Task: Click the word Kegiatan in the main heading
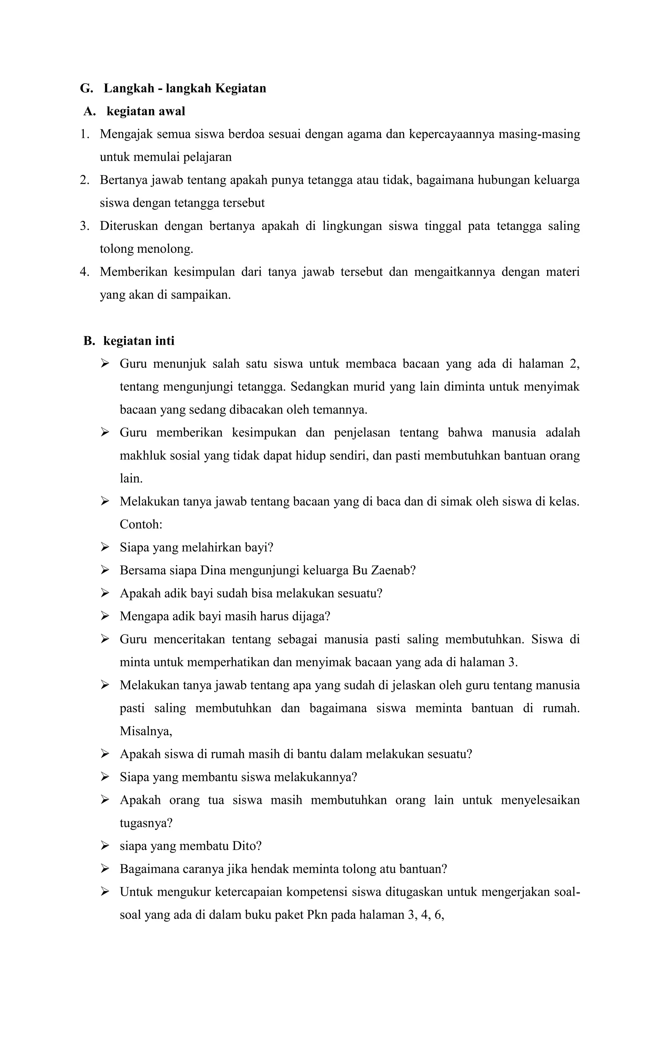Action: pyautogui.click(x=240, y=88)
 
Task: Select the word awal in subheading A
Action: pyautogui.click(x=172, y=111)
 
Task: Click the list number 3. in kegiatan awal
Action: pyautogui.click(x=84, y=226)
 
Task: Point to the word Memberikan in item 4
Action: pyautogui.click(x=133, y=272)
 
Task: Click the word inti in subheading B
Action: pyautogui.click(x=165, y=341)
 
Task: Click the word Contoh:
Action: pyautogui.click(x=141, y=525)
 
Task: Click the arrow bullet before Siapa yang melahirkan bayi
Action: pyautogui.click(x=105, y=548)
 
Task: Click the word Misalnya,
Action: pyautogui.click(x=146, y=732)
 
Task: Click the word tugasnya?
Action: pyautogui.click(x=146, y=823)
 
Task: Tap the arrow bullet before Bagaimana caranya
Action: pyautogui.click(x=105, y=869)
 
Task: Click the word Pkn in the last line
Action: pyautogui.click(x=317, y=915)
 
